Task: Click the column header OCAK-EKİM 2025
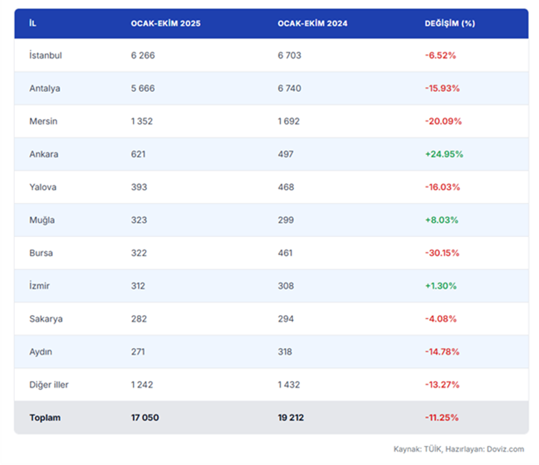coord(165,24)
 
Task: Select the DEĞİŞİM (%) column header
coord(449,24)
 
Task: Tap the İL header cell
coord(33,24)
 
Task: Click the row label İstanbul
coord(45,55)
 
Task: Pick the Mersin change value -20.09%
coord(443,121)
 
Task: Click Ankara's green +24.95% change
coord(444,154)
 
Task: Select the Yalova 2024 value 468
coord(286,187)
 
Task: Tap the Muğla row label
coord(42,220)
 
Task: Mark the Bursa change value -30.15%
coord(442,253)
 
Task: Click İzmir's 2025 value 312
coord(138,286)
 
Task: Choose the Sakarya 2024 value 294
coord(286,318)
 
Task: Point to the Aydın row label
coord(41,352)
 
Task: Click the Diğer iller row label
coord(49,384)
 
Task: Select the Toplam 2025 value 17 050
coord(145,417)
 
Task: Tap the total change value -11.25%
coord(442,417)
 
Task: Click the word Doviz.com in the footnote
coord(505,449)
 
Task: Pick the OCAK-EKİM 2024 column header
coord(312,24)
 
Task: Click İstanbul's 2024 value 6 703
coord(289,55)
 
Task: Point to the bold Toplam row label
coord(45,417)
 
